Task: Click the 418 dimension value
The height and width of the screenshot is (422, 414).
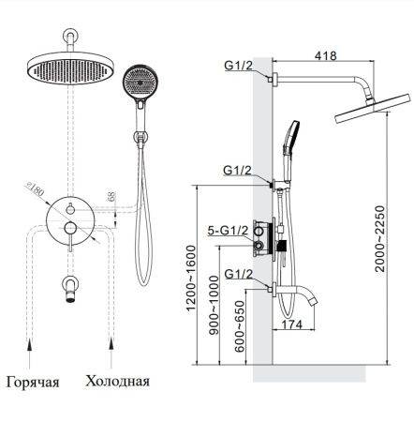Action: tap(326, 55)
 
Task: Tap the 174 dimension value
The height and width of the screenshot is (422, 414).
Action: tap(292, 324)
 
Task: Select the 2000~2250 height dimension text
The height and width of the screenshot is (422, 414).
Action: tap(381, 238)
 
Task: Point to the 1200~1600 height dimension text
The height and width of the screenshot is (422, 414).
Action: tap(190, 278)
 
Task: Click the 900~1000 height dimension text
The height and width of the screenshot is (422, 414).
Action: tap(214, 306)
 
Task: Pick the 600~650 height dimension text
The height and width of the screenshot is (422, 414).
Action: tap(240, 326)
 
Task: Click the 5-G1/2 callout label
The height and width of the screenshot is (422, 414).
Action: tap(228, 231)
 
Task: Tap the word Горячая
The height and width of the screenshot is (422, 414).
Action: tap(33, 382)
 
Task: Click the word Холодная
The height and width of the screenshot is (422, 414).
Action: tap(118, 382)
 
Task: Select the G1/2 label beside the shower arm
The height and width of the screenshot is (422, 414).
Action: tap(239, 66)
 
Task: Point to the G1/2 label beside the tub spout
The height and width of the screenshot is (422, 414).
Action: tap(238, 275)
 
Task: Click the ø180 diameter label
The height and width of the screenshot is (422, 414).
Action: tap(36, 189)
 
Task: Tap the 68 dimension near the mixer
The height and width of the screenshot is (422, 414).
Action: tap(111, 196)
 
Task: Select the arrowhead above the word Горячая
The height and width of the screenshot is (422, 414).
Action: tap(30, 345)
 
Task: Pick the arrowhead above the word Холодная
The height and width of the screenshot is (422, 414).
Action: tap(111, 345)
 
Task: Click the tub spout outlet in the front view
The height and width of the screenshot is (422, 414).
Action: tap(70, 297)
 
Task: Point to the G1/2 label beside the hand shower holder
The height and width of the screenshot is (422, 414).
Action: tap(237, 171)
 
